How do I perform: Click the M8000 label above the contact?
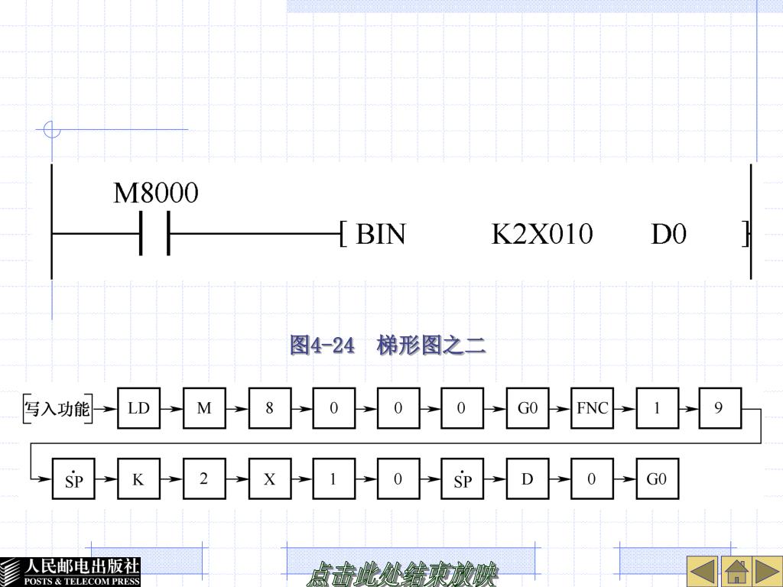(156, 193)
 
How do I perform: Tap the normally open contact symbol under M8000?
(154, 233)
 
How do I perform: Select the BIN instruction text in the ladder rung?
(381, 234)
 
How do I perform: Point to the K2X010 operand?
(541, 234)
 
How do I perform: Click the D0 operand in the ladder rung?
(668, 234)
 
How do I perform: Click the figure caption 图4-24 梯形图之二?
(388, 345)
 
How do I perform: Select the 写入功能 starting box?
(57, 408)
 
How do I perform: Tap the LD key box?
(138, 408)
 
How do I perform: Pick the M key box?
(204, 408)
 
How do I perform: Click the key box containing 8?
(269, 408)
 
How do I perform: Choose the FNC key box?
(592, 408)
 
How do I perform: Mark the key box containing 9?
(719, 408)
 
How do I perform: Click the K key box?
(138, 480)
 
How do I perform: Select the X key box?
(269, 480)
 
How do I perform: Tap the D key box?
(527, 480)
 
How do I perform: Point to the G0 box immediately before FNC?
(528, 408)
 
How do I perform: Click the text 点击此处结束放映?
(402, 574)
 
